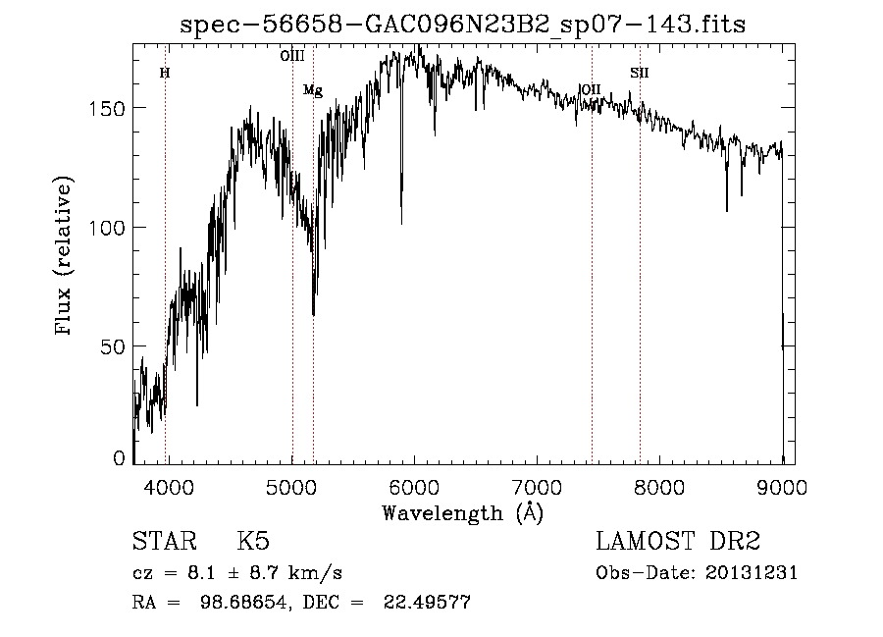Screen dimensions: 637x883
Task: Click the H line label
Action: pos(165,73)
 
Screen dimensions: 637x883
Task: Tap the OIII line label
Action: pos(292,57)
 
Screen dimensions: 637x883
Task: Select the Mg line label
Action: pos(313,90)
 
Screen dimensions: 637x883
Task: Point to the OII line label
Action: pos(591,89)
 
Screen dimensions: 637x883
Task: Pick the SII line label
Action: pos(640,73)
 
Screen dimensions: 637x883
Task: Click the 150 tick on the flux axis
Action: pos(110,107)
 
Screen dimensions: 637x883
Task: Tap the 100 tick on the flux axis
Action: pos(110,227)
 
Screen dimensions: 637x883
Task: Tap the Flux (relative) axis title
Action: pos(66,257)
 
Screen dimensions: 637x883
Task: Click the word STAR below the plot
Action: pos(162,543)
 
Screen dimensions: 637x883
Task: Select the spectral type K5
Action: pos(253,543)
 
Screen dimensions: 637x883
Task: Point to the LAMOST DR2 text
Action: pos(678,543)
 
